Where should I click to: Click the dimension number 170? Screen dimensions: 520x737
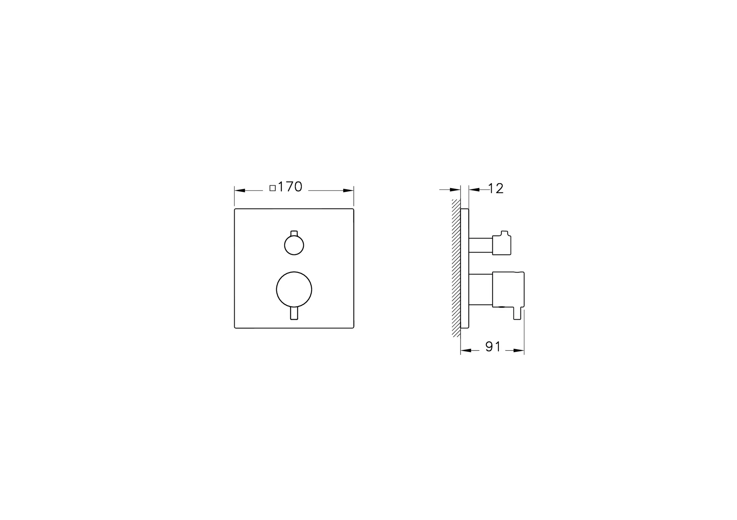click(x=290, y=187)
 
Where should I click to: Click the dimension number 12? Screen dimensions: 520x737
click(x=496, y=189)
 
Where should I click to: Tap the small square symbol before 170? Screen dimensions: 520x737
click(x=272, y=188)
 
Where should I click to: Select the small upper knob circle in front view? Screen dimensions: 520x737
click(x=294, y=246)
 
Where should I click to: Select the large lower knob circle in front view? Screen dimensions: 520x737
click(x=294, y=289)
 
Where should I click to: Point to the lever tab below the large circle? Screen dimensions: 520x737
click(x=294, y=313)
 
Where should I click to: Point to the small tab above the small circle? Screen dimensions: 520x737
click(x=294, y=233)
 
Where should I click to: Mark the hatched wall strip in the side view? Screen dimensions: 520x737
click(x=456, y=268)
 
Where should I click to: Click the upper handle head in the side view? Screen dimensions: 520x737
click(x=502, y=244)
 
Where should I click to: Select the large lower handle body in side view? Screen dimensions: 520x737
click(x=508, y=289)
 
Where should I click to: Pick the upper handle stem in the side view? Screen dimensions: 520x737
click(x=480, y=246)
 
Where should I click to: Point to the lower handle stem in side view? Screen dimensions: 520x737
click(x=480, y=289)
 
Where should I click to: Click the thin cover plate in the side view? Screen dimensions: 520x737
click(x=465, y=268)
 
